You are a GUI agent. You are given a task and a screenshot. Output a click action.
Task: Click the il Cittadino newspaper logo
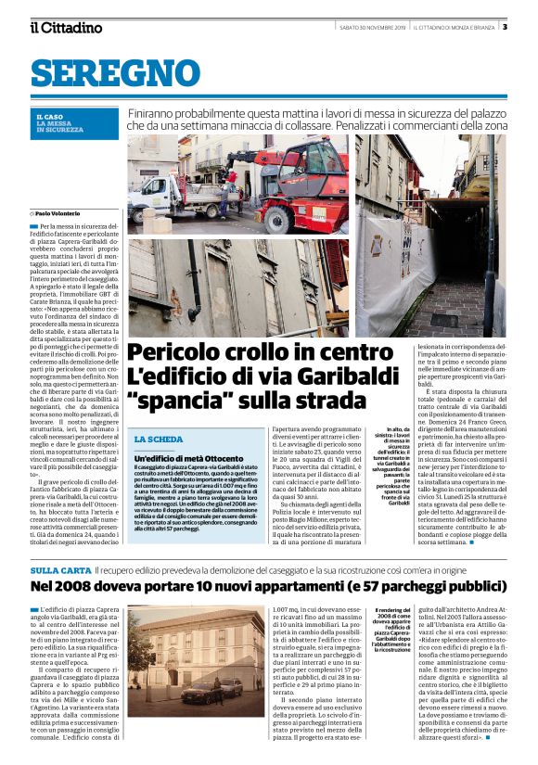(66, 27)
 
